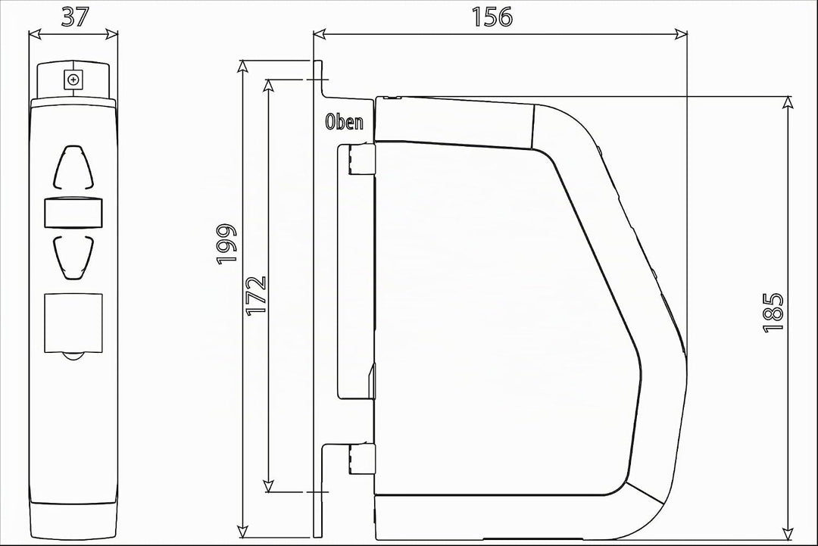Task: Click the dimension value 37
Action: point(75,17)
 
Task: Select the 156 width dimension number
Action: point(492,17)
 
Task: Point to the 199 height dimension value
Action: point(227,244)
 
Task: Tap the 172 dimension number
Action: point(257,295)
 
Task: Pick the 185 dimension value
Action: point(773,312)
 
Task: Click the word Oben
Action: point(345,122)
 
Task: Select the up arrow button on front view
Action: point(73,167)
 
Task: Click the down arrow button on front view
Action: point(73,257)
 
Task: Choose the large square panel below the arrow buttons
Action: point(73,323)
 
